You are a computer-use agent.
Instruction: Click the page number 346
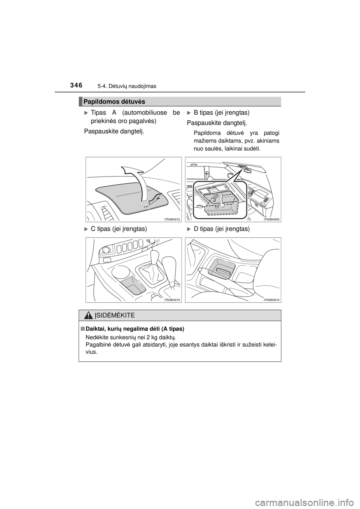click(76, 86)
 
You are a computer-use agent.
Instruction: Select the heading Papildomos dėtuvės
click(114, 102)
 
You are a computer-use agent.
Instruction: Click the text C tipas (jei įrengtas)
click(118, 229)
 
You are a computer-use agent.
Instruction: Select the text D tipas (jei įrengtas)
click(222, 229)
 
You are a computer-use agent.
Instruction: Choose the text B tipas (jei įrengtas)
click(222, 112)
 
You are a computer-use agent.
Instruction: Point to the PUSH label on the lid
click(146, 207)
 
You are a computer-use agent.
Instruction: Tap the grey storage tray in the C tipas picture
click(133, 286)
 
